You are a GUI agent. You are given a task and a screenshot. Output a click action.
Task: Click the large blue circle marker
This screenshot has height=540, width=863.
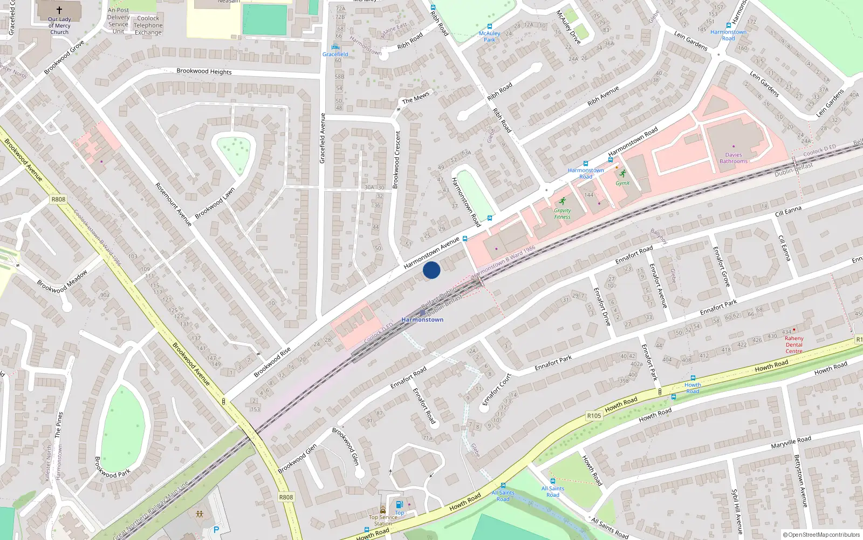coord(432,270)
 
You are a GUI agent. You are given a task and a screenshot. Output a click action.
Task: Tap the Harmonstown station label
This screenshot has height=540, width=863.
coord(422,320)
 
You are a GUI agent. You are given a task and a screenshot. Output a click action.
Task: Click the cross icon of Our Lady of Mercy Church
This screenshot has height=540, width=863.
coord(59,10)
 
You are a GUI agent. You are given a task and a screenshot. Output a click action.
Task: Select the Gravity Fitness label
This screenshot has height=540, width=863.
coord(562,214)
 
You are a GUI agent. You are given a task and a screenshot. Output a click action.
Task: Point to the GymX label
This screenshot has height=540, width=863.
coord(622,183)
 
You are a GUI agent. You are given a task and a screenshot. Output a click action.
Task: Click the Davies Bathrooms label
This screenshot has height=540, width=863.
coord(734,158)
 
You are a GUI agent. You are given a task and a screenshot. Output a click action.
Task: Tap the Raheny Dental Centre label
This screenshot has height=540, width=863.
coord(794,345)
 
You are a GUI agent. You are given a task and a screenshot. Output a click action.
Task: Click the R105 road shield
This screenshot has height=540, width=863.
coord(594,416)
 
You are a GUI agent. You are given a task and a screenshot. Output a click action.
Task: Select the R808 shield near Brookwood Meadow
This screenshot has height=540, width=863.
coord(58,199)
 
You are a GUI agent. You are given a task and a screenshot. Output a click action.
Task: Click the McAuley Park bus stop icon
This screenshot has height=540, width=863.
coord(490,26)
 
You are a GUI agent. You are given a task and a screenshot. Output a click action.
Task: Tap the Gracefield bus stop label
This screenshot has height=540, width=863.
coord(335,55)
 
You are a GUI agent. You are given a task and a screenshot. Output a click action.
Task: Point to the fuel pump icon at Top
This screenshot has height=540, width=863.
coord(399,504)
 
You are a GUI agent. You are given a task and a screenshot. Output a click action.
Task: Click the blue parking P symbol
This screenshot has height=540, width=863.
coord(216,530)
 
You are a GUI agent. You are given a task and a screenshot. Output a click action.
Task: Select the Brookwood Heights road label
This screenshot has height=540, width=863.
coord(204,71)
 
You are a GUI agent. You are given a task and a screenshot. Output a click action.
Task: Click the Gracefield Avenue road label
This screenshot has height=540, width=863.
coord(323,138)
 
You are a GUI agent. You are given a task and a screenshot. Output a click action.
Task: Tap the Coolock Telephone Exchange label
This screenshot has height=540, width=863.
coord(148,25)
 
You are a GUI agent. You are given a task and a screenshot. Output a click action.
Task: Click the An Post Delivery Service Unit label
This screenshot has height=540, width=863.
coord(118,21)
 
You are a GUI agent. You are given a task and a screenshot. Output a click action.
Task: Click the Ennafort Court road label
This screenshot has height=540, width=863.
coord(496,389)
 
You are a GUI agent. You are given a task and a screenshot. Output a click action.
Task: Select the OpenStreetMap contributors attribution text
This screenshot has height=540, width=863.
coord(821,535)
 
